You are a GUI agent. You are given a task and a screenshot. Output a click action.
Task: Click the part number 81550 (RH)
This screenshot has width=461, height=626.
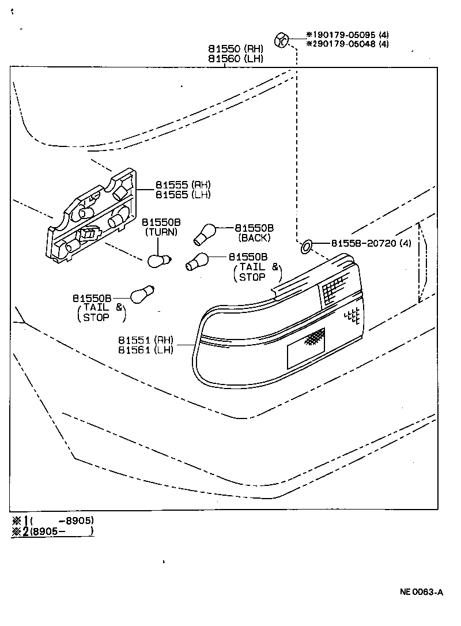pos(235,48)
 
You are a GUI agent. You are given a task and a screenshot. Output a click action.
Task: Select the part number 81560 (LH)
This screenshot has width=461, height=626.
pos(235,59)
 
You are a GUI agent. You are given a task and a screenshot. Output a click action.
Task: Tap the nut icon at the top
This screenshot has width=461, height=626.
pos(281,41)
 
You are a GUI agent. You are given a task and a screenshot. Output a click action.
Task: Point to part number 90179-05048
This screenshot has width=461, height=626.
pos(348,44)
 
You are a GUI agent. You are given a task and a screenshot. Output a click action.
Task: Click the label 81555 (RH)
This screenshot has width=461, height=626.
pos(183,185)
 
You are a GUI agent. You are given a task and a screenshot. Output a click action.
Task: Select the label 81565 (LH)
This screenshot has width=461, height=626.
pos(183,195)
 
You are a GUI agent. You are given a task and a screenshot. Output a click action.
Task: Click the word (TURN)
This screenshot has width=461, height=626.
pos(161,232)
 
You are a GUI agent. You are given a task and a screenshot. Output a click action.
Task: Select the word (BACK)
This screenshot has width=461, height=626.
pos(254,237)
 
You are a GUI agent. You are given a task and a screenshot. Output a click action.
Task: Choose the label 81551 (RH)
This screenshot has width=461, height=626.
pos(145,340)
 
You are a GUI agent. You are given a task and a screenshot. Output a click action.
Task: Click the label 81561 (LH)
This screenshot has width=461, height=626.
pos(145,350)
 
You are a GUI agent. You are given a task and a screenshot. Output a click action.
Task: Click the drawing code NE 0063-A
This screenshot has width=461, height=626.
pos(422,592)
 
